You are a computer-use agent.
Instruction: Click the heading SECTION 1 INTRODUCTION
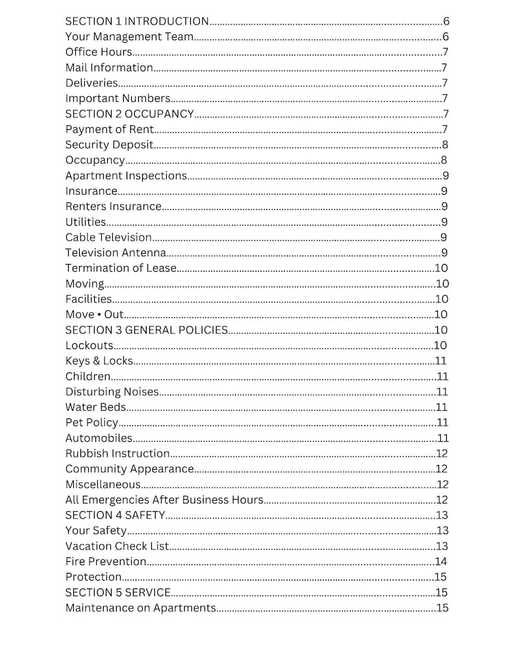click(x=137, y=21)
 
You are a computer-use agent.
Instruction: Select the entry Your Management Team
click(x=129, y=37)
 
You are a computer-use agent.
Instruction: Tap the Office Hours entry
click(x=99, y=52)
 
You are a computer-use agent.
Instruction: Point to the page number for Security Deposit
click(x=445, y=145)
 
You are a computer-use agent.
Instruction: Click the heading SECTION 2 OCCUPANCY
click(x=129, y=114)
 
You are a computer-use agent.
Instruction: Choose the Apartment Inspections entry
click(x=126, y=176)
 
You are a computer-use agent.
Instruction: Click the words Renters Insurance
click(x=113, y=206)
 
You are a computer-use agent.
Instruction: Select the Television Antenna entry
click(x=115, y=253)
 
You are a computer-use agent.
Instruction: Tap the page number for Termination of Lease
click(x=441, y=269)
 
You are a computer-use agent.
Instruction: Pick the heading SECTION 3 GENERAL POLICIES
click(x=146, y=330)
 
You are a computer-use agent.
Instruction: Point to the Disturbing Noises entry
click(x=112, y=392)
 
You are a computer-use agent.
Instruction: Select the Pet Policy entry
click(x=91, y=423)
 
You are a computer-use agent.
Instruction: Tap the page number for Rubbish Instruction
click(x=442, y=454)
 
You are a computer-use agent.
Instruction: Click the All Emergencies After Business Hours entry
click(x=164, y=500)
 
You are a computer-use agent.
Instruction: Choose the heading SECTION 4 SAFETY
click(x=115, y=515)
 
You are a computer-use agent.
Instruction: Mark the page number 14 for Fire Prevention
click(x=441, y=562)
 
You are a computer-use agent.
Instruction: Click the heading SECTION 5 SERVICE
click(x=117, y=592)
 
